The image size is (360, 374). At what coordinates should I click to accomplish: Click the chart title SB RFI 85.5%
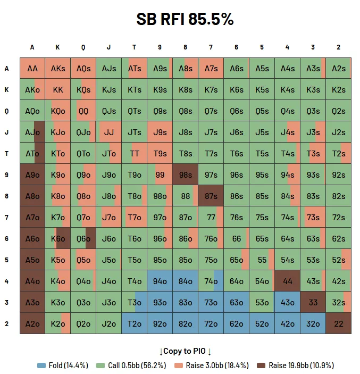185,20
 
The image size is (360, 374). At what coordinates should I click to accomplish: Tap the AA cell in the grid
32,68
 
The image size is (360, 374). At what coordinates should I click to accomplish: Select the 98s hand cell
185,174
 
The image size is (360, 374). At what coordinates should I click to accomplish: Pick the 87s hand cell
211,196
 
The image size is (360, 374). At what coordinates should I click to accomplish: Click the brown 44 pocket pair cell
287,281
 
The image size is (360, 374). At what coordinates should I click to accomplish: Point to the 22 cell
338,323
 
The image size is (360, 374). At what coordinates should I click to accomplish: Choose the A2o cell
32,323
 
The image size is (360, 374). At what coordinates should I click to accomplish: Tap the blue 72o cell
211,323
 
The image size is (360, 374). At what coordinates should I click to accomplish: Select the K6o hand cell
57,238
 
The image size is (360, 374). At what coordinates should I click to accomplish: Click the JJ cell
108,132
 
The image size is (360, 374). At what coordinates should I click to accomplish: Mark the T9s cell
160,153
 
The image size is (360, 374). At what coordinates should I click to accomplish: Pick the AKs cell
57,68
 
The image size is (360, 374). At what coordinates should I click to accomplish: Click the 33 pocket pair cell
313,302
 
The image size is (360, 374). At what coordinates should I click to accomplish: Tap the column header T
134,47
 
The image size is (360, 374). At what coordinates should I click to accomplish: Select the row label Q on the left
7,111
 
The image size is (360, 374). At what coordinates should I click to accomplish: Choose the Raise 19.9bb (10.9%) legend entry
296,365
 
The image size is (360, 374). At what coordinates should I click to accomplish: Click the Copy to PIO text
186,352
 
